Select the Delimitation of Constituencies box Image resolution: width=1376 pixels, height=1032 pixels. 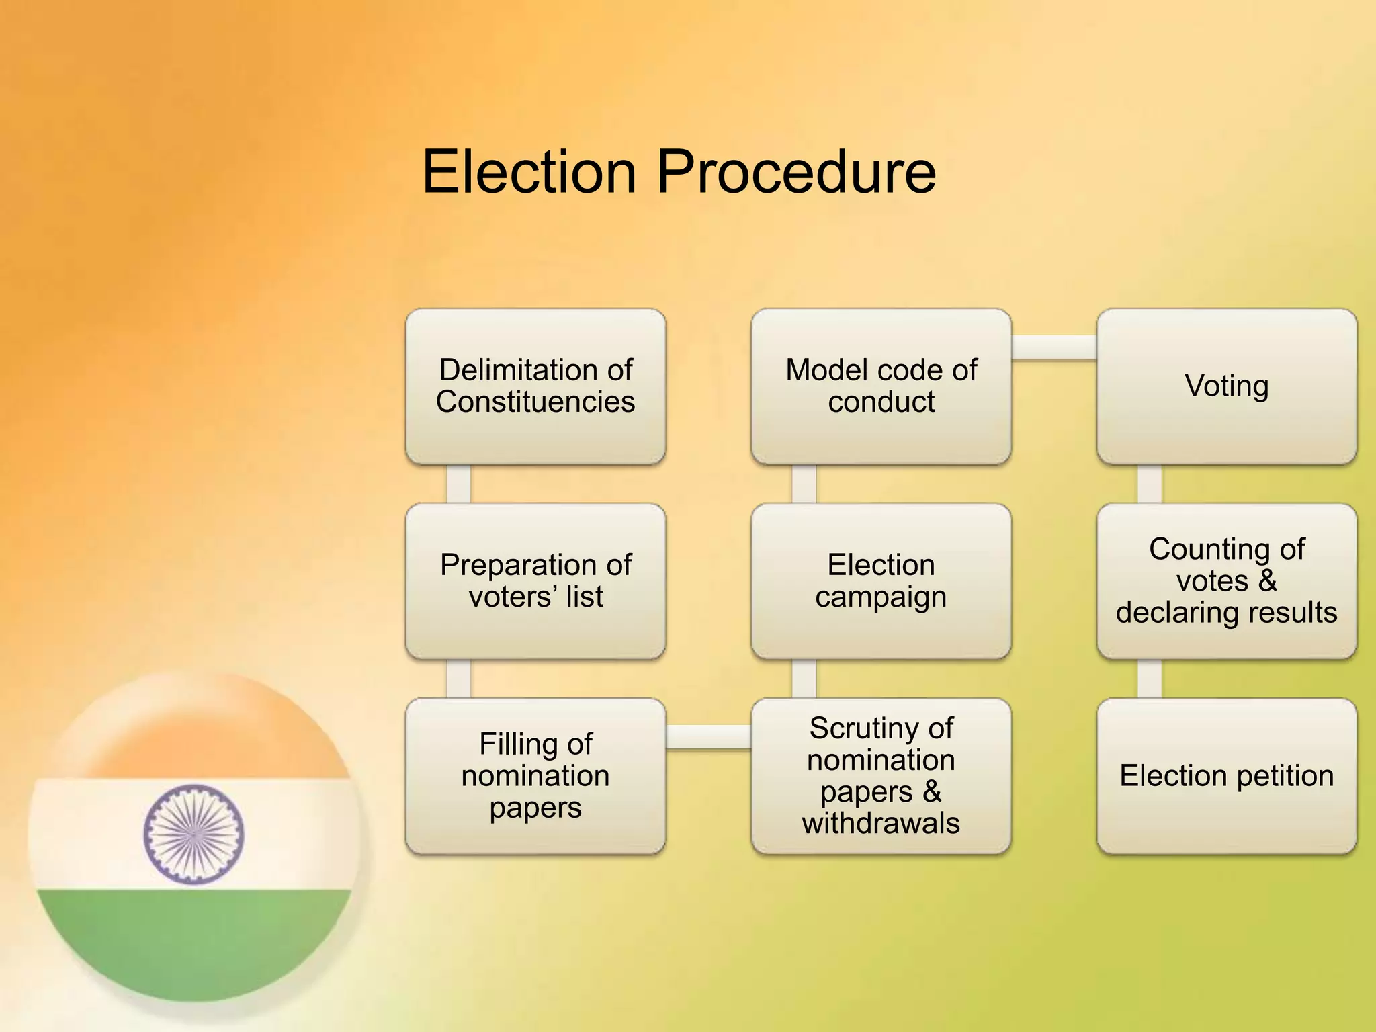click(x=535, y=386)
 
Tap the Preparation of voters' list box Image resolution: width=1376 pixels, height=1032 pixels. click(x=535, y=581)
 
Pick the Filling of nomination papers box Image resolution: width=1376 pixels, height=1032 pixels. click(x=535, y=776)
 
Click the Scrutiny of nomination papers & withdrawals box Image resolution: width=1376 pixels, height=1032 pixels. click(x=881, y=776)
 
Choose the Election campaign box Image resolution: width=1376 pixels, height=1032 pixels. click(x=881, y=581)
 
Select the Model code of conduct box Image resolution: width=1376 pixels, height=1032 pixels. click(x=881, y=386)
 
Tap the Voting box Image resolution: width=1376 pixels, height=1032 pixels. click(x=1226, y=386)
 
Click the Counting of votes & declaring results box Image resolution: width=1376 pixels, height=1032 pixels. click(x=1226, y=581)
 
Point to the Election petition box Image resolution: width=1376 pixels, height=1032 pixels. click(x=1226, y=776)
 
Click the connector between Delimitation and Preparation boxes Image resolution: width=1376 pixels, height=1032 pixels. click(x=458, y=484)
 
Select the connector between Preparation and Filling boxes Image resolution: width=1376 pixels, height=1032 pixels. click(x=458, y=679)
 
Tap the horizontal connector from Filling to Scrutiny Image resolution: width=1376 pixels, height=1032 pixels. click(x=708, y=737)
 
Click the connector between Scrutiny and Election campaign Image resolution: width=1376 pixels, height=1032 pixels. click(x=804, y=679)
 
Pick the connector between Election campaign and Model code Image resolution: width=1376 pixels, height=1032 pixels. click(x=804, y=484)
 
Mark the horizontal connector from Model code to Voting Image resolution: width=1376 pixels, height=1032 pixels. click(x=1053, y=347)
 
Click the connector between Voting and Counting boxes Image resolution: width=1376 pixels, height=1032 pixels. click(x=1149, y=484)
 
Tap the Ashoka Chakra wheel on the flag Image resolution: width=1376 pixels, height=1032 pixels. click(x=193, y=834)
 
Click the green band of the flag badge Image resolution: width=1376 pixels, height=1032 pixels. click(x=193, y=941)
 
